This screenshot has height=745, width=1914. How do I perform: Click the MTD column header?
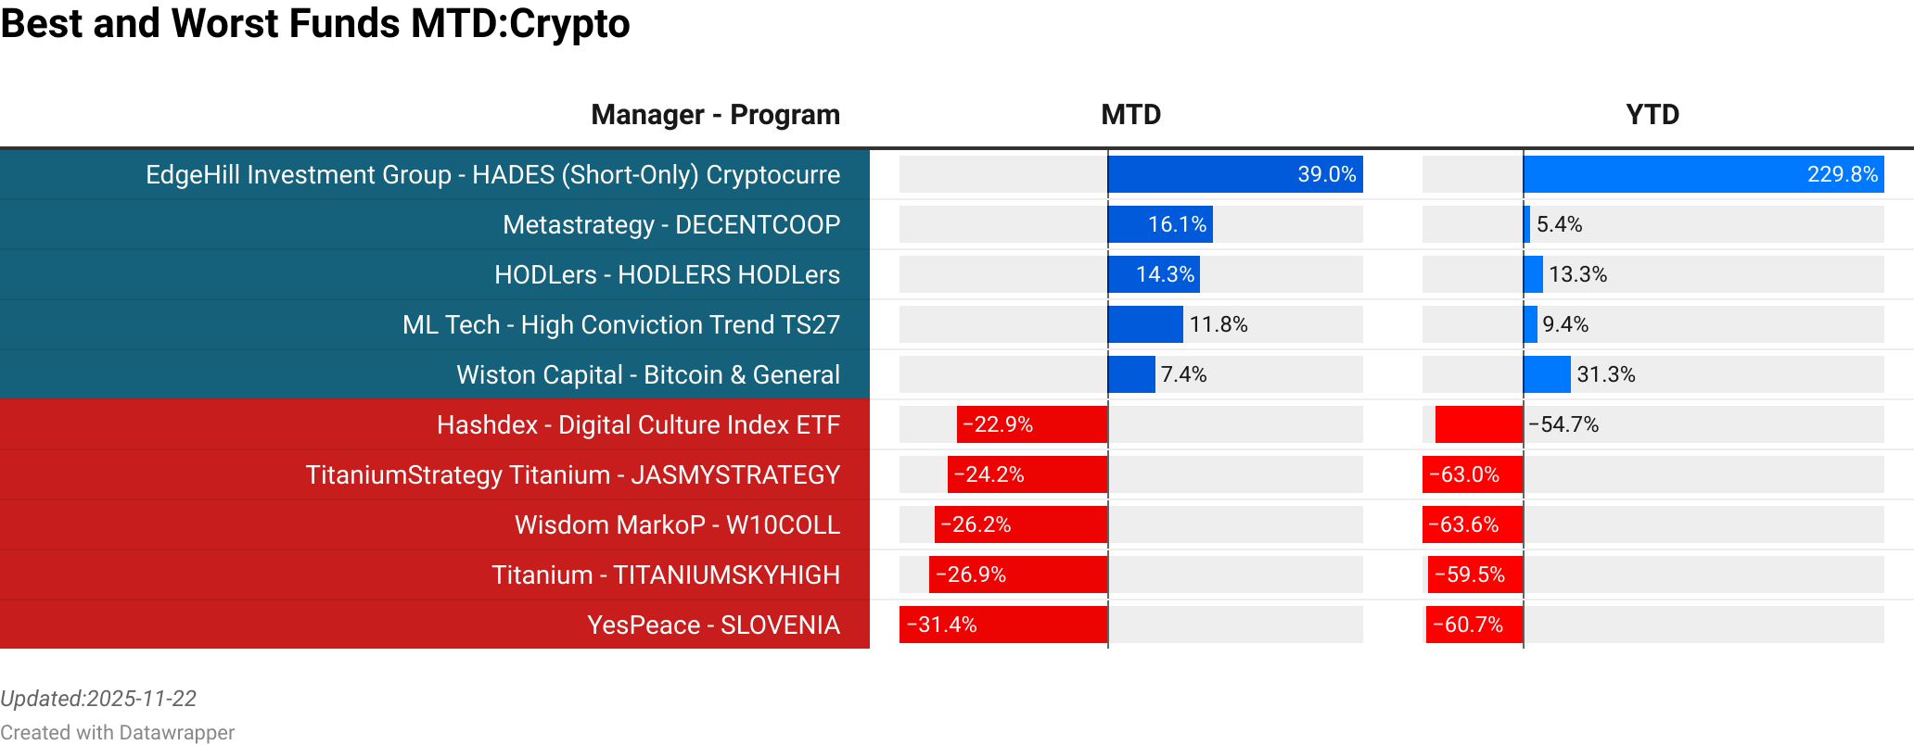(x=1130, y=115)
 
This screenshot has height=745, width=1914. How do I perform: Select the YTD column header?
(x=1652, y=115)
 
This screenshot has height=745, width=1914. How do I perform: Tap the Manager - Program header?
(x=715, y=115)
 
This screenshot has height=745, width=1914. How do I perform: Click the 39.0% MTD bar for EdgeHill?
(x=1234, y=174)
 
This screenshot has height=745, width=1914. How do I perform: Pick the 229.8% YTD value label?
(x=1842, y=174)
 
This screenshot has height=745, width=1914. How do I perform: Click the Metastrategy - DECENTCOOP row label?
(x=670, y=224)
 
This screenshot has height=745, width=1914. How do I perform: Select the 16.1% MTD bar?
(x=1160, y=224)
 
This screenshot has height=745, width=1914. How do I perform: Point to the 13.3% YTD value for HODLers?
(x=1577, y=274)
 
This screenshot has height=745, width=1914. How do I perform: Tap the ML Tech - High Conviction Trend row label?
(x=620, y=324)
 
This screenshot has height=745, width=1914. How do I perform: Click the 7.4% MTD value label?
(x=1183, y=374)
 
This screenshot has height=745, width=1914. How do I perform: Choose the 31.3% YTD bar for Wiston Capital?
(x=1547, y=374)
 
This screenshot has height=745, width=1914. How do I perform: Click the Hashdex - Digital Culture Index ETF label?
(x=638, y=424)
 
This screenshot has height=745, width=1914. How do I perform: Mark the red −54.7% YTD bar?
(x=1478, y=424)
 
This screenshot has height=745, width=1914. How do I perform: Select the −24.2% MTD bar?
(x=1027, y=474)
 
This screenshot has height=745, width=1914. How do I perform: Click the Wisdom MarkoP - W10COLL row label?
(x=677, y=524)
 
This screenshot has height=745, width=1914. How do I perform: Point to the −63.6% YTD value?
(x=1463, y=524)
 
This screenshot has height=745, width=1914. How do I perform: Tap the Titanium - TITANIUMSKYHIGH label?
(x=665, y=575)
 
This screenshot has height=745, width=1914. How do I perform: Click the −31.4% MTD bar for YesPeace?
(x=1003, y=625)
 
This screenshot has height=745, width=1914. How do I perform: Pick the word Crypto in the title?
(x=569, y=24)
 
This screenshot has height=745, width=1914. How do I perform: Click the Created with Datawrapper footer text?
(x=117, y=732)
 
